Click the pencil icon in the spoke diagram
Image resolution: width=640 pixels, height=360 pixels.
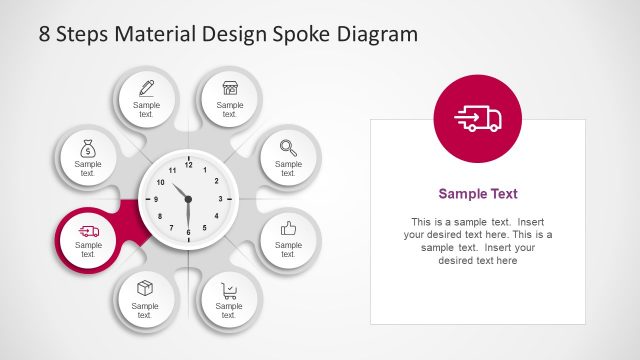(x=146, y=88)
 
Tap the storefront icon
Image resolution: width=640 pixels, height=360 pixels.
(x=230, y=88)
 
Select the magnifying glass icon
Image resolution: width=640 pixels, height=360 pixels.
(x=288, y=147)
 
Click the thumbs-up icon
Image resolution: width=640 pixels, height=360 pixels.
(x=289, y=229)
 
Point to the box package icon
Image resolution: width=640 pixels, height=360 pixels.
(x=145, y=290)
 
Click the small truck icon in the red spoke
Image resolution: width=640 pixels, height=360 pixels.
(x=88, y=232)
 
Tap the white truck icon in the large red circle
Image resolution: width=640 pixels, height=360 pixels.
(x=478, y=119)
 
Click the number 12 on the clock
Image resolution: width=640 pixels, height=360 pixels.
(x=187, y=167)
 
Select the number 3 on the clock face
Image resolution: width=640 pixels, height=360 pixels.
(x=220, y=199)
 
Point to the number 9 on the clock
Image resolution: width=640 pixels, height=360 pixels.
(x=155, y=199)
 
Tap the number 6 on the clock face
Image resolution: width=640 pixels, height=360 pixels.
(x=187, y=231)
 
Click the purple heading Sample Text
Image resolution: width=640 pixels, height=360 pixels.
(x=478, y=194)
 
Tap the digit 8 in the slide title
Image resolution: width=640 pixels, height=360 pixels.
(x=45, y=34)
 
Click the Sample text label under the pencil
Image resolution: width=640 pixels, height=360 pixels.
(x=146, y=109)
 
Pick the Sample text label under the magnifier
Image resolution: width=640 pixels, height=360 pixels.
(x=288, y=168)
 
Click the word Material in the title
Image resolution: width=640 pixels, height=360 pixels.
(x=155, y=34)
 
